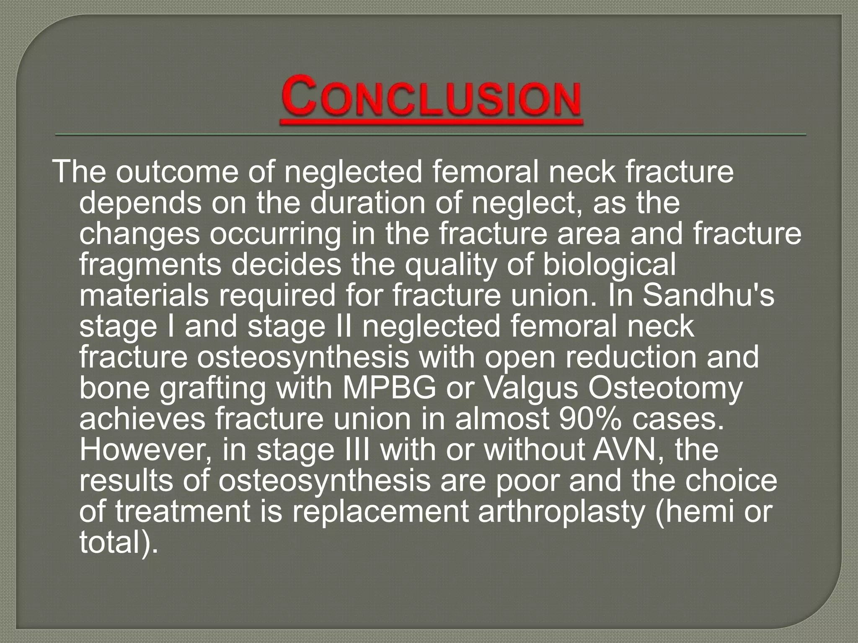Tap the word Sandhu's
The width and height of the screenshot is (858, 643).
coord(708,296)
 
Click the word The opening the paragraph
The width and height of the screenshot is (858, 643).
coord(79,172)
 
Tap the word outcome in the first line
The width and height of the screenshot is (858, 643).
coord(176,172)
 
